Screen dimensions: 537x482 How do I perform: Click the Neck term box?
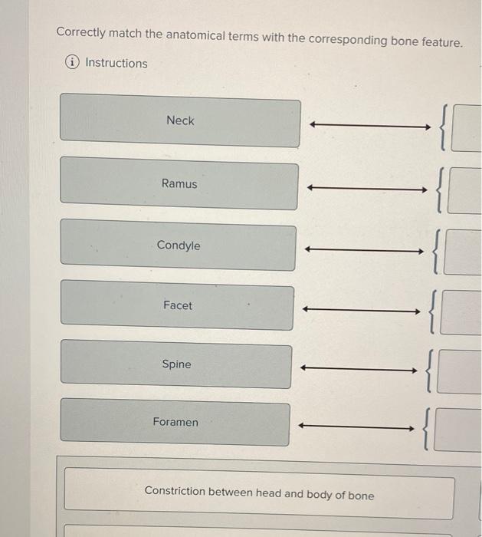point(180,120)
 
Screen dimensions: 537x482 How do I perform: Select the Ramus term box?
point(179,184)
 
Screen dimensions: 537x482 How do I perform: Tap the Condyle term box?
point(179,246)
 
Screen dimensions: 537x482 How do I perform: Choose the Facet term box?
point(178,306)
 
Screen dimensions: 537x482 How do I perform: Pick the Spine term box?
point(176,365)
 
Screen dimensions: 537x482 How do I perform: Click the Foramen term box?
point(175,423)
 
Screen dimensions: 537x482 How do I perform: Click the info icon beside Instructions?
point(73,63)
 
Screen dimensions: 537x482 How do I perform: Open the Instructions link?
point(116,63)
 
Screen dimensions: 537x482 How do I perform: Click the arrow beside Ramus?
point(366,188)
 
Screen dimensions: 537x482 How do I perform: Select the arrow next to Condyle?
point(363,249)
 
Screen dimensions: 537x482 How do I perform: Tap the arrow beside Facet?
point(361,310)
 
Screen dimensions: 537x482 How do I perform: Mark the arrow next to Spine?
point(359,369)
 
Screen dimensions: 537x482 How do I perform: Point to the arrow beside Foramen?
point(356,427)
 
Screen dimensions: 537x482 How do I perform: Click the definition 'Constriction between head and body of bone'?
point(259,495)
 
